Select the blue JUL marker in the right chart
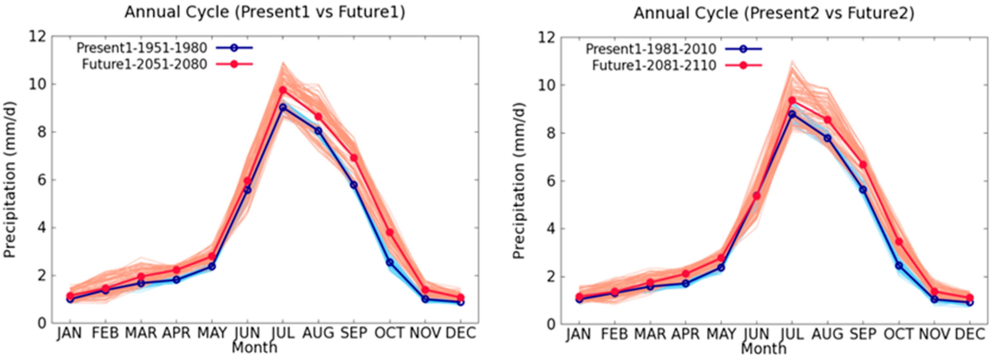point(792,114)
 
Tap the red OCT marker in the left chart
point(390,233)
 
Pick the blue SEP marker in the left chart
point(354,185)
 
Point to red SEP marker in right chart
point(863,165)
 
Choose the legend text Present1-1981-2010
point(651,49)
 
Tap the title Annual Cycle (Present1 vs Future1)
point(265,12)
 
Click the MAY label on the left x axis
point(212,333)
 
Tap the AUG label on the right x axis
point(827,334)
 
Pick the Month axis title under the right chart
point(763,348)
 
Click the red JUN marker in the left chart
point(247,181)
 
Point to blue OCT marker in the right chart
point(899,266)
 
